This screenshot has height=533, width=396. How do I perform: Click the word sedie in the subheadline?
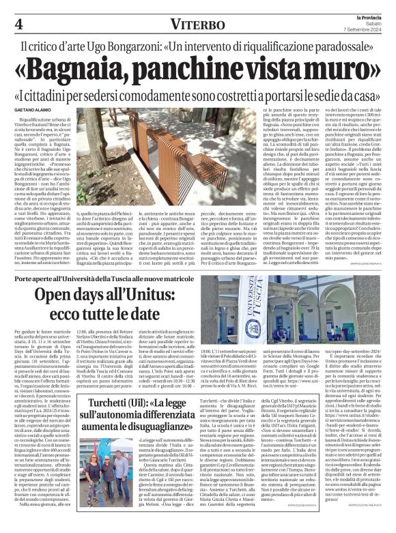[x=324, y=96]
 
